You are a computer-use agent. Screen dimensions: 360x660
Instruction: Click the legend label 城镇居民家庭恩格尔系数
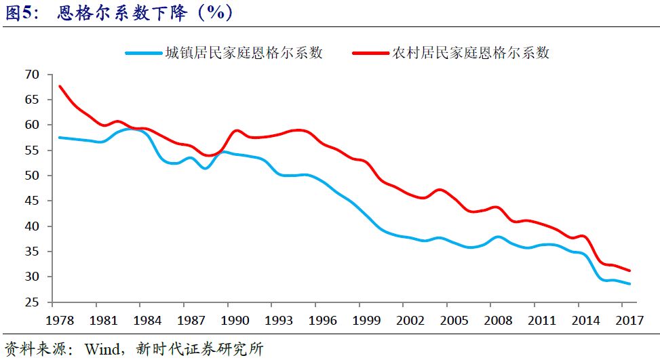pyautogui.click(x=244, y=53)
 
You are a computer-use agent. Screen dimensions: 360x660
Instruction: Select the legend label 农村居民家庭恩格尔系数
pyautogui.click(x=471, y=53)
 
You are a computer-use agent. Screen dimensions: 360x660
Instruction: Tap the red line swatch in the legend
pyautogui.click(x=371, y=53)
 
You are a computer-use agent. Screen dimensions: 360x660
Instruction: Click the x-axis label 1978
pyautogui.click(x=60, y=319)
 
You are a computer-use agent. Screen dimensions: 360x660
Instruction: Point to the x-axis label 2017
pyautogui.click(x=629, y=319)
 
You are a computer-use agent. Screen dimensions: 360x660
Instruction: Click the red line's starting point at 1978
pyautogui.click(x=60, y=86)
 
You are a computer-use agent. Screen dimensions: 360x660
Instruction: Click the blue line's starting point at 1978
pyautogui.click(x=60, y=138)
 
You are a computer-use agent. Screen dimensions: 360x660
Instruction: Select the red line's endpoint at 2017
pyautogui.click(x=629, y=271)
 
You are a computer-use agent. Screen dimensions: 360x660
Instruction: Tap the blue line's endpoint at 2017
pyautogui.click(x=629, y=284)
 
